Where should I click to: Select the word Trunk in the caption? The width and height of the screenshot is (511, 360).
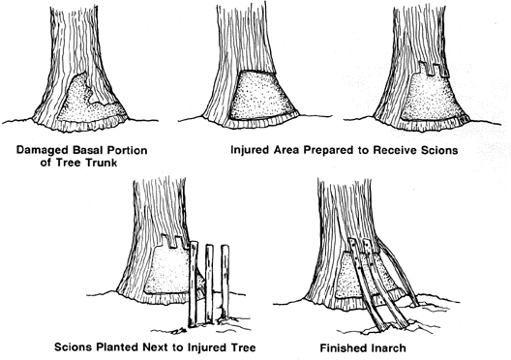[101, 163]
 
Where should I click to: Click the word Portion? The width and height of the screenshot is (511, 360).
[128, 150]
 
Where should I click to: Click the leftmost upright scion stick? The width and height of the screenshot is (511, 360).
[194, 285]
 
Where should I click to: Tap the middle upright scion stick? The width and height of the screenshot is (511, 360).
[209, 285]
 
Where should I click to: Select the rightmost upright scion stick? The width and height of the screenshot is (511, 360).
[225, 282]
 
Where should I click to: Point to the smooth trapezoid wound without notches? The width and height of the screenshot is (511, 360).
[260, 96]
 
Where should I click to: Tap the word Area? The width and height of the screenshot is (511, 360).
[286, 150]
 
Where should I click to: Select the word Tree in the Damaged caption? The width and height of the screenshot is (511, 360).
[69, 163]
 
